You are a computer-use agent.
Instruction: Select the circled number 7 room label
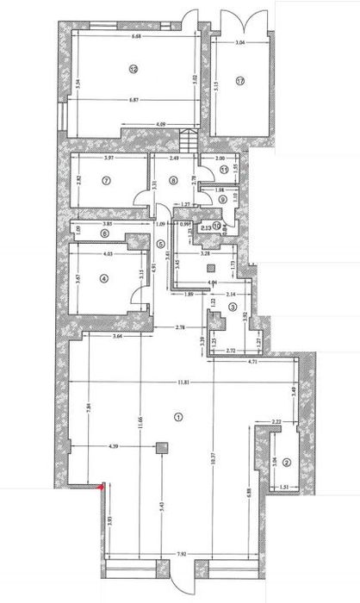[x=106, y=181]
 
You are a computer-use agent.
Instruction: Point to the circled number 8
[x=173, y=181]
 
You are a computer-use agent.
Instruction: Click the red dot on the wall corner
[x=102, y=488]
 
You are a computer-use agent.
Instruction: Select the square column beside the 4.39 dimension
[x=161, y=447]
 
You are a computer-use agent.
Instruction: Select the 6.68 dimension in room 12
[x=136, y=37]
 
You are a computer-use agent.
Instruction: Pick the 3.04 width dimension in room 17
[x=240, y=40]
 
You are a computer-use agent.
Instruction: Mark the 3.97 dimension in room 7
[x=109, y=159]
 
